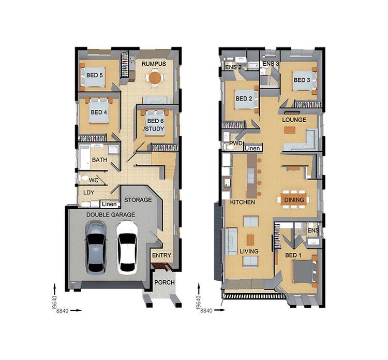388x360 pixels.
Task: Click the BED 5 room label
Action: tap(94, 75)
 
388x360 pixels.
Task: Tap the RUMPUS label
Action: tap(154, 64)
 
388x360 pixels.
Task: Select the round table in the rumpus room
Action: tap(154, 78)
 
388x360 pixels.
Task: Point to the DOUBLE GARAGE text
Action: tap(111, 214)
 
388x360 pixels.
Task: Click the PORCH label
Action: tap(165, 282)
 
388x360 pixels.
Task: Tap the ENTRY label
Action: tap(161, 255)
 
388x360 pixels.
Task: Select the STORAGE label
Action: tap(138, 200)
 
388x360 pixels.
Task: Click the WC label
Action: tap(94, 180)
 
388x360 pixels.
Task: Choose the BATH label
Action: tap(99, 160)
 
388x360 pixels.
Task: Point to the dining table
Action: tap(294, 199)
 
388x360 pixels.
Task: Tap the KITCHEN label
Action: tap(243, 202)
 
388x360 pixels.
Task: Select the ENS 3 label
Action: tap(271, 64)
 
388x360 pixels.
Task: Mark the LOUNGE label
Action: tap(294, 120)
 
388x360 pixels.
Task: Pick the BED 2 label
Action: tap(244, 98)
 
